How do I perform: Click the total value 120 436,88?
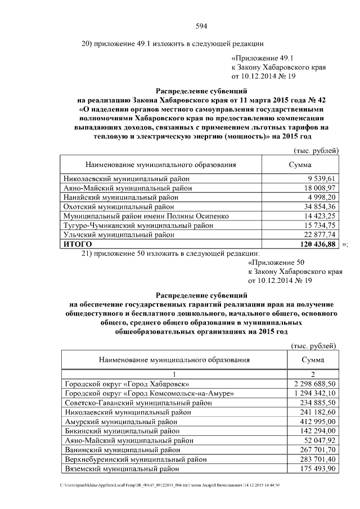316,245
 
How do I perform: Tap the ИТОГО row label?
77,245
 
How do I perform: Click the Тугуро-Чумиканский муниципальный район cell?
138,226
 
